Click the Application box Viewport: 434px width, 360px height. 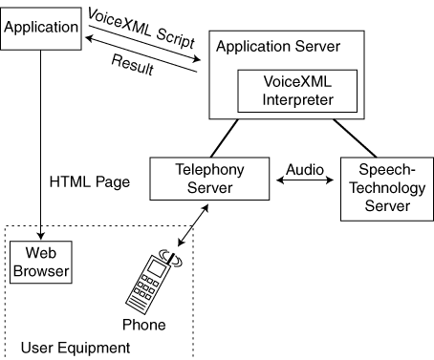(41, 29)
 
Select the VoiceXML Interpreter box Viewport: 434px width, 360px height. (297, 91)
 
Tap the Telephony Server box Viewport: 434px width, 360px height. (209, 179)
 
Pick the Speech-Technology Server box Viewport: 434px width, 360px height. (387, 189)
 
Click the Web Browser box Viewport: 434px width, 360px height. (41, 263)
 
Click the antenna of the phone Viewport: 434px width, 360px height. (171, 259)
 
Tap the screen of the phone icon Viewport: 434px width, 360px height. (157, 268)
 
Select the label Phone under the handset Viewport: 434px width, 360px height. (144, 325)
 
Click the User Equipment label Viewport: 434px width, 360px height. (76, 348)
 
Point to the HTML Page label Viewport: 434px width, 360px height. (90, 182)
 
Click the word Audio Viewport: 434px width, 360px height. (305, 170)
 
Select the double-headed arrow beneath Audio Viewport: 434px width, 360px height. (305, 180)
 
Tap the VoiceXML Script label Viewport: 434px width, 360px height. (141, 29)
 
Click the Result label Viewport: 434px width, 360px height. (133, 65)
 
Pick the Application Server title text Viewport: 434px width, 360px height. (278, 47)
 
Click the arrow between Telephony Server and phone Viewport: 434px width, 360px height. (193, 225)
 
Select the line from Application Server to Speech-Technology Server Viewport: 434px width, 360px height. (355, 138)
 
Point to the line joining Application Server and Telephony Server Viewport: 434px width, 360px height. (225, 138)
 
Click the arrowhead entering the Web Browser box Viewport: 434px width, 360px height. (40, 236)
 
